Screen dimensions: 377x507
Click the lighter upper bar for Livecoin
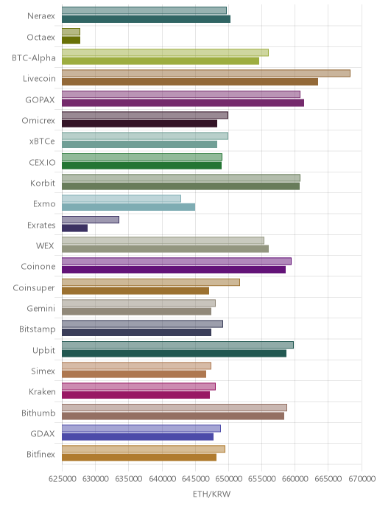(205, 74)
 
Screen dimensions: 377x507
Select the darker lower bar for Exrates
(74, 228)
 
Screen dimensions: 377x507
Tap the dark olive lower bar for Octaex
(71, 40)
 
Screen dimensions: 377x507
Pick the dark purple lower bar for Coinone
(174, 270)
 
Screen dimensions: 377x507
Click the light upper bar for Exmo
(121, 198)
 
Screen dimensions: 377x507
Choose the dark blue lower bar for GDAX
(138, 437)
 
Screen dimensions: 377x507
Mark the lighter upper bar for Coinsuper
(151, 282)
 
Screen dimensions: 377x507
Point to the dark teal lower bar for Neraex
(146, 19)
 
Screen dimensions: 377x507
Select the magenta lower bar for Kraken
(135, 395)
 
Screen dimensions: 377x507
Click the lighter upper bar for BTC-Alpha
(165, 52)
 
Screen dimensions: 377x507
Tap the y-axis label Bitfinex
(40, 454)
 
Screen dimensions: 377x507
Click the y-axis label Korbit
(43, 183)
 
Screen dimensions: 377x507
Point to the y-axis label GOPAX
(40, 100)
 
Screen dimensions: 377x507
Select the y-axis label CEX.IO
(42, 162)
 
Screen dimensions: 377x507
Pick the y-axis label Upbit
(43, 351)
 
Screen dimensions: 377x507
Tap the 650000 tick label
(228, 478)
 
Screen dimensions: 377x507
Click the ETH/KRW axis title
(211, 494)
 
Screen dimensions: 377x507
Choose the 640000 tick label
(162, 478)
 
